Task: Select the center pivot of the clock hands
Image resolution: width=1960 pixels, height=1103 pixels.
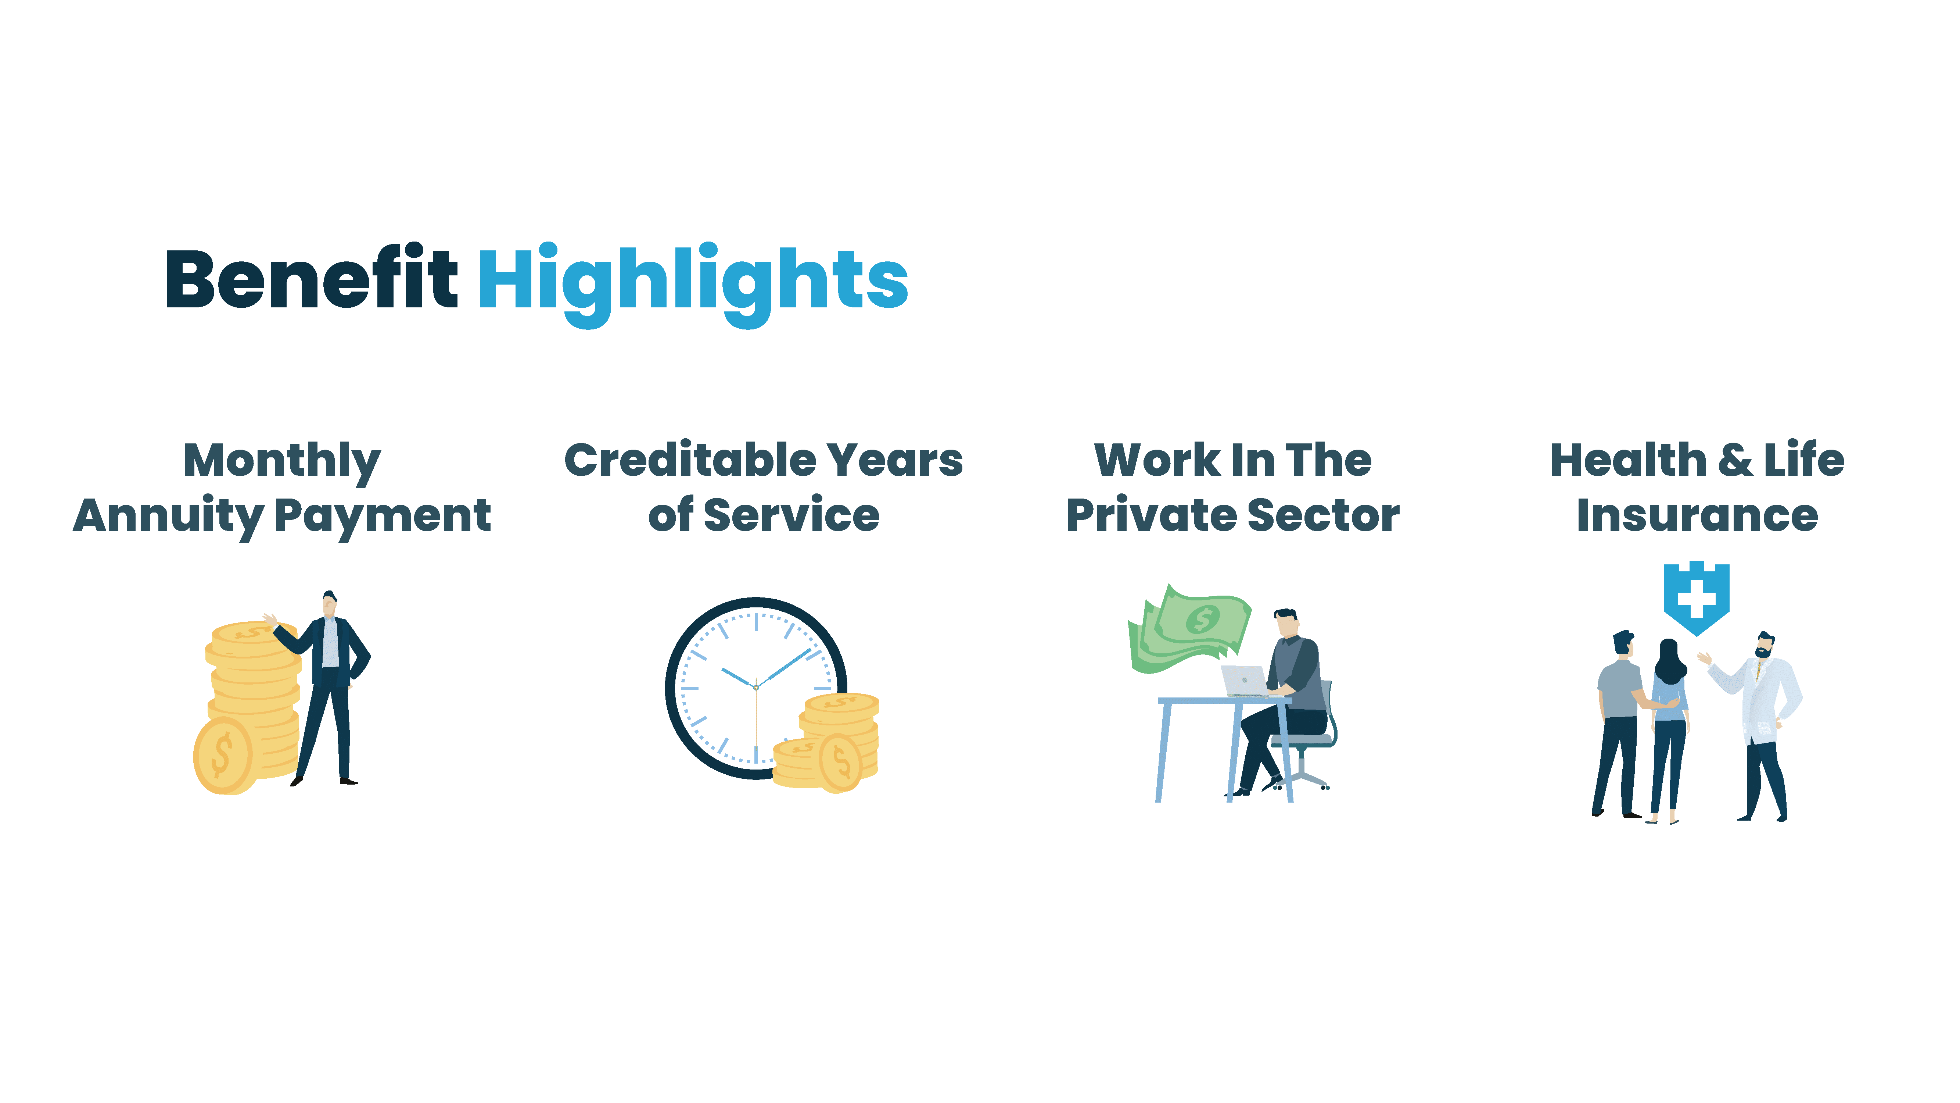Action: coord(755,688)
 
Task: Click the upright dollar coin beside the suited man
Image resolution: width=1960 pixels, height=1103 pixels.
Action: coord(223,756)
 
